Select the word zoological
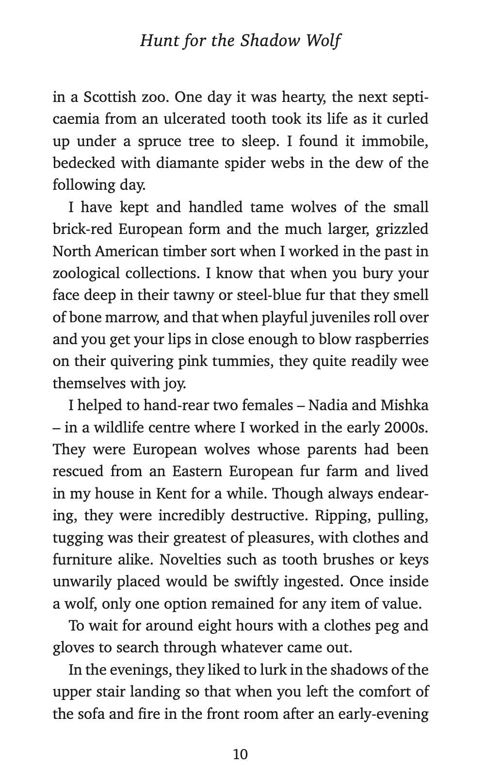[85, 273]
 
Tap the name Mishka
[404, 405]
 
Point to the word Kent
[169, 494]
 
